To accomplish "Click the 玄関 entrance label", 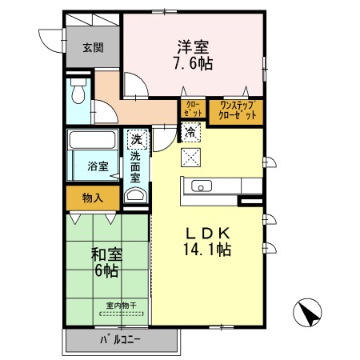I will pyautogui.click(x=92, y=47).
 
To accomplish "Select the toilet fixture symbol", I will pyautogui.click(x=78, y=94).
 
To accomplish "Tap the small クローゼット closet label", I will pyautogui.click(x=192, y=110).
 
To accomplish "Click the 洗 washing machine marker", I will pyautogui.click(x=136, y=139).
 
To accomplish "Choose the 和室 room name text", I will pyautogui.click(x=105, y=255).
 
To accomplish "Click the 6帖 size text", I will pyautogui.click(x=106, y=271).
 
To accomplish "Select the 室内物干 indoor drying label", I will pyautogui.click(x=122, y=305).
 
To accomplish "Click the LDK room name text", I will pyautogui.click(x=206, y=233).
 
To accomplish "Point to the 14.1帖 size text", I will pyautogui.click(x=206, y=250).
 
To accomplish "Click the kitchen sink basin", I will pyautogui.click(x=201, y=186).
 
